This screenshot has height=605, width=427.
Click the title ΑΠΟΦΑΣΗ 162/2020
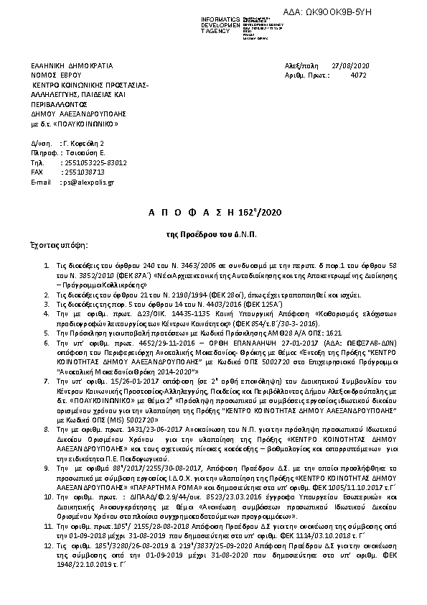coord(213,214)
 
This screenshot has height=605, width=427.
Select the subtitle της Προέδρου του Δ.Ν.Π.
coord(213,234)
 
